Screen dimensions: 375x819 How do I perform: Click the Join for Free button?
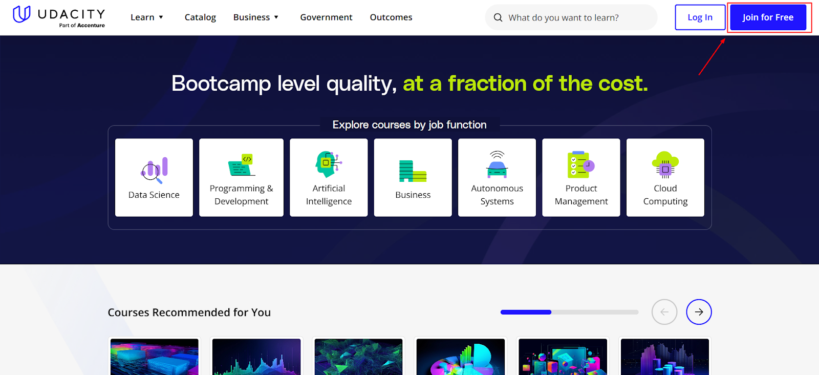click(x=768, y=17)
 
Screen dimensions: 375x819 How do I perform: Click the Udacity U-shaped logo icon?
click(x=21, y=14)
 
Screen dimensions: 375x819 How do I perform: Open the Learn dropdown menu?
click(x=147, y=17)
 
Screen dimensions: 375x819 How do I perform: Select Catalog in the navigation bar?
click(x=200, y=17)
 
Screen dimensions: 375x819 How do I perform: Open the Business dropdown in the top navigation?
click(x=256, y=17)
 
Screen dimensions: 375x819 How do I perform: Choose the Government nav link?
click(x=326, y=17)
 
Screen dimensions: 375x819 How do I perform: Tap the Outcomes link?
click(x=391, y=17)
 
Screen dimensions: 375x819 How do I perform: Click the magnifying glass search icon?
click(x=498, y=18)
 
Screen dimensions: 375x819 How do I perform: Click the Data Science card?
click(x=154, y=177)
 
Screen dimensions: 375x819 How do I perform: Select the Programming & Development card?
click(x=241, y=177)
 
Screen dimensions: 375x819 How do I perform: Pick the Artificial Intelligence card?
click(x=329, y=177)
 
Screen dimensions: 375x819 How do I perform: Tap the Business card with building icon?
click(x=413, y=177)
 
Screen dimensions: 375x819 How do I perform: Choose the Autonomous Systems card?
click(x=497, y=177)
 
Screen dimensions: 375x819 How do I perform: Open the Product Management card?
click(x=581, y=177)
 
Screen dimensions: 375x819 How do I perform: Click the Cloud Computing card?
click(x=665, y=177)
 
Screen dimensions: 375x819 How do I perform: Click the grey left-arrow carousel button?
click(x=664, y=312)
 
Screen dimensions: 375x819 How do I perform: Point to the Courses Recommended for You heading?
click(x=189, y=312)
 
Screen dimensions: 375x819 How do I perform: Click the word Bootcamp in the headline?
click(x=221, y=84)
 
